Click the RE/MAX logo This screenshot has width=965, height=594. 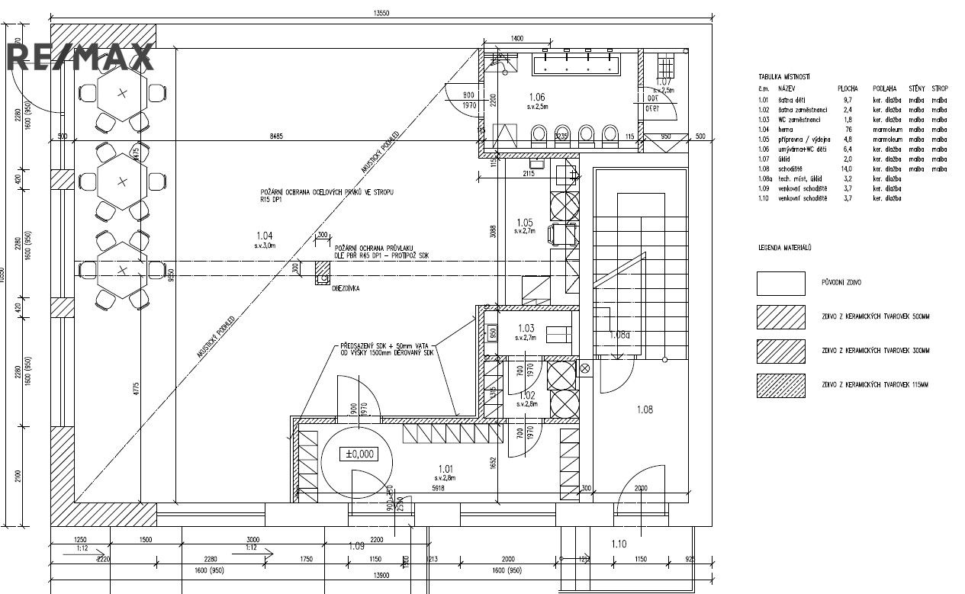(x=80, y=57)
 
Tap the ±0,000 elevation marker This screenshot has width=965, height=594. (x=360, y=454)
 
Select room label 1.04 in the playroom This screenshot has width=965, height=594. (x=264, y=236)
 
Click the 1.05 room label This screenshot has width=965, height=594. (x=524, y=222)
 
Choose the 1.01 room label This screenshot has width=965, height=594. (x=446, y=469)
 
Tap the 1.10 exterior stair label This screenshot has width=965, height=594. (x=619, y=544)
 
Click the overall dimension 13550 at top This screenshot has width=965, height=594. (x=381, y=13)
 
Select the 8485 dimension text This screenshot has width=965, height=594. (x=276, y=136)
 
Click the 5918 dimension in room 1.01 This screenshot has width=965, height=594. (x=439, y=487)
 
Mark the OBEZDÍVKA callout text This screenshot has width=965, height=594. (x=346, y=289)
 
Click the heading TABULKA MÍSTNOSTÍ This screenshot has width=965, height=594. (x=783, y=77)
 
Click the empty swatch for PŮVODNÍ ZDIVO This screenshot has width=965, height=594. (x=780, y=283)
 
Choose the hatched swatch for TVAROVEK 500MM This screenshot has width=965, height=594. (x=780, y=316)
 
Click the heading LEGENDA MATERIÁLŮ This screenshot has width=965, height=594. (x=784, y=248)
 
